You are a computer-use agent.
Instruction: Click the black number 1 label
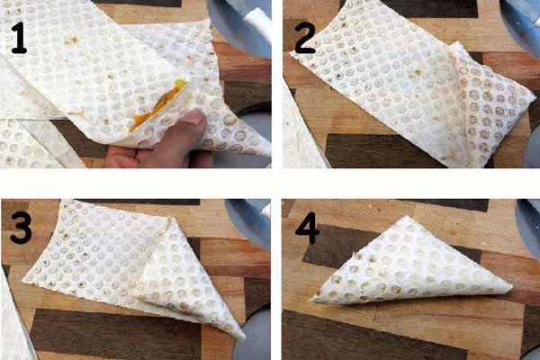(x=19, y=38)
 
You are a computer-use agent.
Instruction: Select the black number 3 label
(x=21, y=228)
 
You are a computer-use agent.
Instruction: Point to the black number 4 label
(x=308, y=228)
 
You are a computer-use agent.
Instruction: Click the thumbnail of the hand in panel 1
(x=194, y=118)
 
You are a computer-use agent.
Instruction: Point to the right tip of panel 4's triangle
(x=511, y=286)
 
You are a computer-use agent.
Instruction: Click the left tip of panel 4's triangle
(x=311, y=301)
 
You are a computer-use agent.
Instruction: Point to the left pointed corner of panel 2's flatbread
(x=292, y=53)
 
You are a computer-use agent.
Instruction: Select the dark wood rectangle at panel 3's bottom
(x=115, y=332)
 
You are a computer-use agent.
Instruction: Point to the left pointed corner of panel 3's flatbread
(x=23, y=282)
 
